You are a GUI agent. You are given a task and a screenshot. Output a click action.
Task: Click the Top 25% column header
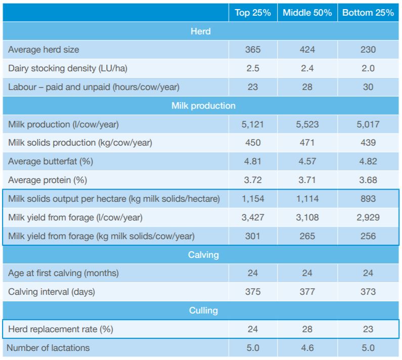(x=253, y=13)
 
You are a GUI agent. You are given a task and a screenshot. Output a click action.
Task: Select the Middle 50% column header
(x=307, y=13)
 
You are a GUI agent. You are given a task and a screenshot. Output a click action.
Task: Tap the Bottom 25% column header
(x=368, y=13)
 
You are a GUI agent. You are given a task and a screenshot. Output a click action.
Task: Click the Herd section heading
(x=200, y=31)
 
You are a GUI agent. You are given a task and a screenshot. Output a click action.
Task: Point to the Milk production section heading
(x=203, y=106)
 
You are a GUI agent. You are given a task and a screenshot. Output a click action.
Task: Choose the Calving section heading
(x=203, y=255)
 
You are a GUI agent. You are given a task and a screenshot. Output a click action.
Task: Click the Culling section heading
(x=203, y=310)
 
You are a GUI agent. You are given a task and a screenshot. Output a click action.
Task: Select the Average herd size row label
(x=43, y=50)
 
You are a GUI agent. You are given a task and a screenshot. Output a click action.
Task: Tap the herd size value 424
(x=307, y=50)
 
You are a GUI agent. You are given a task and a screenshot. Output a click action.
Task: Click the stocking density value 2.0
(x=368, y=68)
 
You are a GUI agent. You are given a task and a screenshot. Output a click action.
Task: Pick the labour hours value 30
(x=368, y=87)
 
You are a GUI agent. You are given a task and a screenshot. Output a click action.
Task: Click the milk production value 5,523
(x=307, y=124)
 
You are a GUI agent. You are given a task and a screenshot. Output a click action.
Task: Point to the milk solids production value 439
(x=368, y=143)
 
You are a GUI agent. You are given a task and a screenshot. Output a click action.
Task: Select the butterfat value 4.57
(x=307, y=161)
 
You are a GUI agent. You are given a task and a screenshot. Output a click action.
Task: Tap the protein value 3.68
(x=368, y=180)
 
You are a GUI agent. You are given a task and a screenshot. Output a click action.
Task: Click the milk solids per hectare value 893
(x=368, y=199)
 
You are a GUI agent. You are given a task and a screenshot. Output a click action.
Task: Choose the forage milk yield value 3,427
(x=253, y=217)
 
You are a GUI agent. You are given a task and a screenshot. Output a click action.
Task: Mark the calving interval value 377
(x=307, y=292)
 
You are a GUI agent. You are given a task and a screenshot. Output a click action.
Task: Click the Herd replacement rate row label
(x=61, y=329)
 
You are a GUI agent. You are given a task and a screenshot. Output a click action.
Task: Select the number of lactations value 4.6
(x=307, y=348)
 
